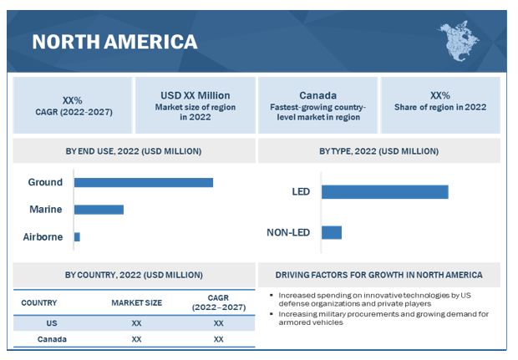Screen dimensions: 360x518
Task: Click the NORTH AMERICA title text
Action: coord(114,42)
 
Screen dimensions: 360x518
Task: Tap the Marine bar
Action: coord(99,209)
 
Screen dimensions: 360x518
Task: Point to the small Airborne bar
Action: coord(77,236)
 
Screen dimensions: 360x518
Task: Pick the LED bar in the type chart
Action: coord(384,191)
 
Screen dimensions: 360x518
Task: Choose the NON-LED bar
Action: coord(332,232)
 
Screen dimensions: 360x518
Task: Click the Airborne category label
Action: coord(43,236)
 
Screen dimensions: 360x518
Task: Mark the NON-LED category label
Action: coord(288,232)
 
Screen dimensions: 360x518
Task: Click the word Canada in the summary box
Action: coord(317,96)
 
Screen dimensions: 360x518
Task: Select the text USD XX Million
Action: coord(195,96)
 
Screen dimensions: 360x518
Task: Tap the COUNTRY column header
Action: coord(39,302)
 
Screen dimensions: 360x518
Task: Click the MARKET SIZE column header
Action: coord(136,302)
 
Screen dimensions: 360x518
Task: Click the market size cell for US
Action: coord(136,322)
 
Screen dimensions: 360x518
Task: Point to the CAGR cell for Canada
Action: coord(218,339)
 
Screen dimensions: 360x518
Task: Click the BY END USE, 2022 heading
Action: coord(134,151)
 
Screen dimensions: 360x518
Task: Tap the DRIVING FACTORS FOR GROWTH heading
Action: coord(378,275)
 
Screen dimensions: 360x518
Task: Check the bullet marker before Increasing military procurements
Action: coord(272,313)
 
